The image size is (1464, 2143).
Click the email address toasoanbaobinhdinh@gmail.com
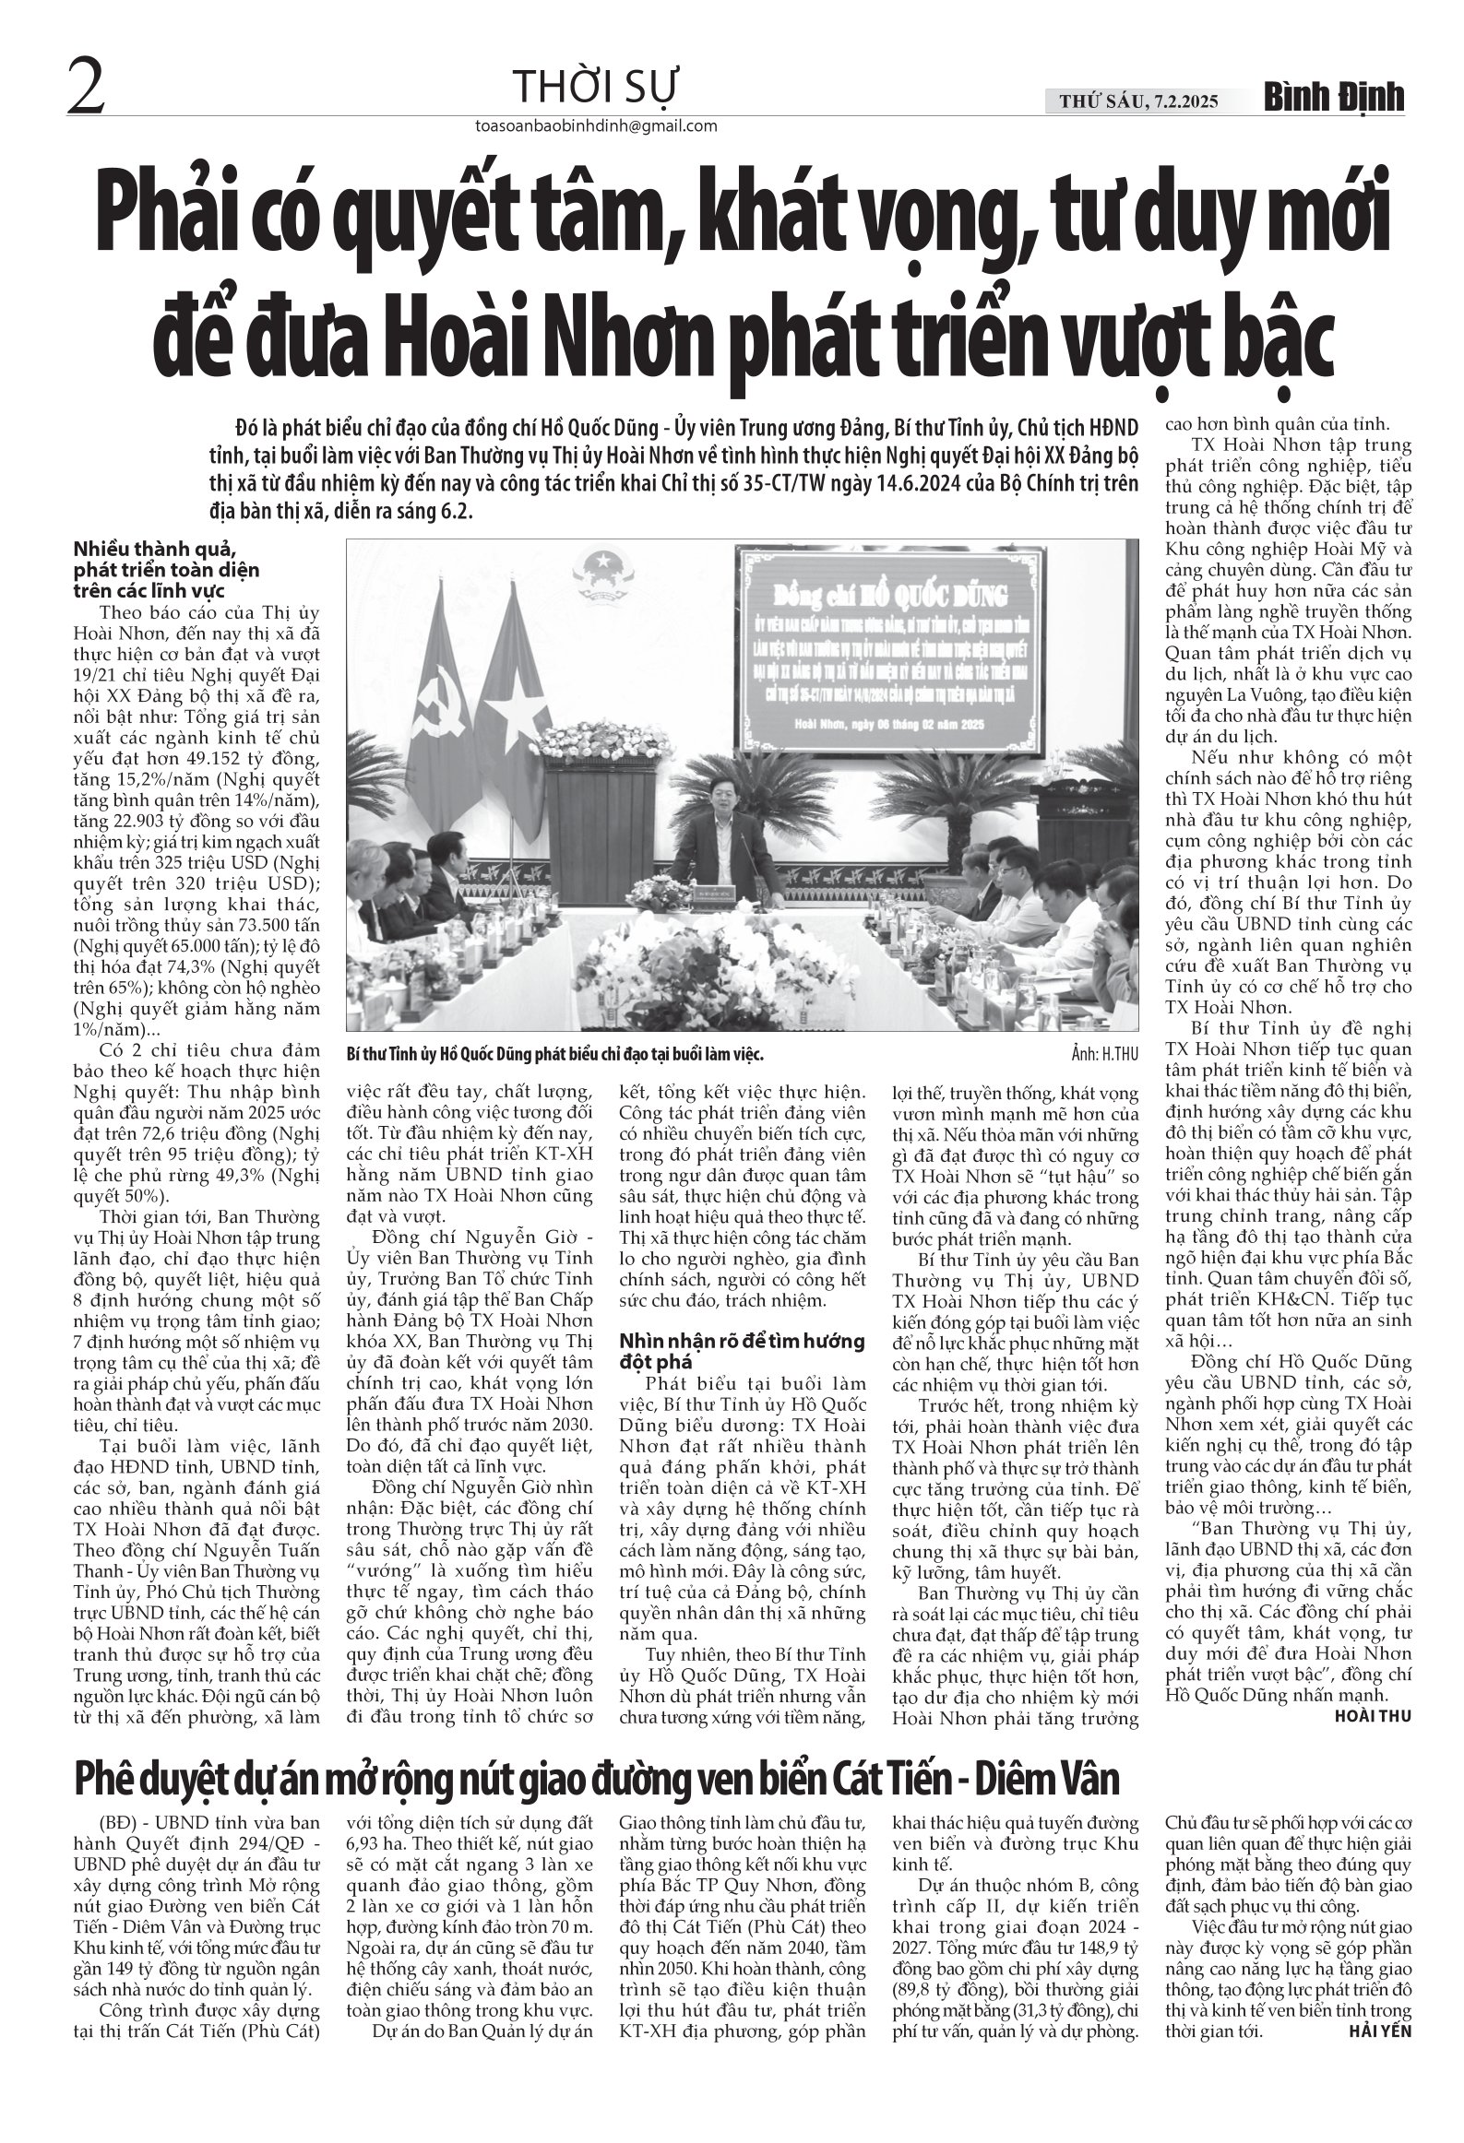click(x=594, y=126)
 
